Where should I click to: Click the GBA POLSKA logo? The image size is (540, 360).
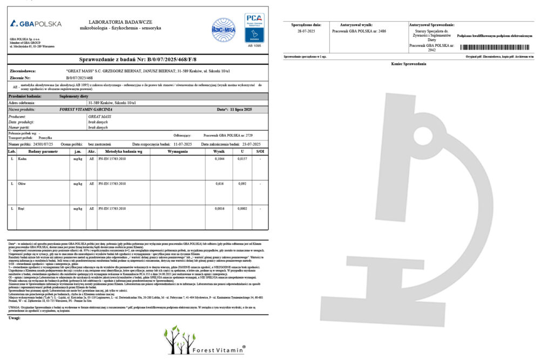click(36, 24)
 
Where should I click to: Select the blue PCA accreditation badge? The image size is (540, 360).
click(254, 28)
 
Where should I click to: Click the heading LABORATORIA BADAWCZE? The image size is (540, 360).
click(119, 22)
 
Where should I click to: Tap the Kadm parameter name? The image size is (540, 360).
click(22, 159)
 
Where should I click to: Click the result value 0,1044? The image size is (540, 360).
click(219, 159)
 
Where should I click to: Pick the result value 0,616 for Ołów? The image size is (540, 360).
click(219, 184)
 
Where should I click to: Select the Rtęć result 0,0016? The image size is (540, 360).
click(219, 208)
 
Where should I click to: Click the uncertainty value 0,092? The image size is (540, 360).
click(242, 184)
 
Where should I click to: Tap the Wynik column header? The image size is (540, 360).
click(219, 152)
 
